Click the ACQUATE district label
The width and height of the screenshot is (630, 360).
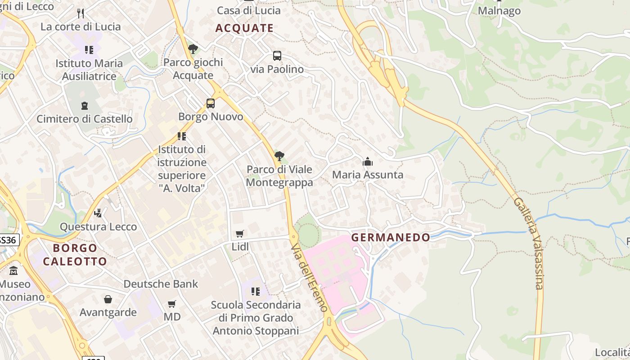click(x=244, y=28)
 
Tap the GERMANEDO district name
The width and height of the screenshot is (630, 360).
click(x=391, y=237)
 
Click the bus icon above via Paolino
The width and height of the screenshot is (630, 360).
click(x=277, y=56)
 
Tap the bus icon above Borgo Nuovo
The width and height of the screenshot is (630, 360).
click(x=211, y=103)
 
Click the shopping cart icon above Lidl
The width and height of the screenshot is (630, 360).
click(x=240, y=234)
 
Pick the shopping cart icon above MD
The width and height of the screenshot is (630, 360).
click(x=171, y=304)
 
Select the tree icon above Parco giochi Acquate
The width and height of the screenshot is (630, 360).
click(x=193, y=49)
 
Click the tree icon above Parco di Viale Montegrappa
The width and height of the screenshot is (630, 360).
click(x=279, y=156)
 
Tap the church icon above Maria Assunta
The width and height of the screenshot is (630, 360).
click(x=368, y=161)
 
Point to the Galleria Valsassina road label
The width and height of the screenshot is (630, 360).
click(x=528, y=243)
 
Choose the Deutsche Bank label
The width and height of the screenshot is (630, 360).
click(x=161, y=284)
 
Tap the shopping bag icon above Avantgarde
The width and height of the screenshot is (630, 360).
click(x=108, y=299)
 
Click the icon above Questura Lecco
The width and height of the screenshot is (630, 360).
click(x=98, y=213)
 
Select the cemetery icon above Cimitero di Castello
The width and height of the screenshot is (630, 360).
click(x=85, y=106)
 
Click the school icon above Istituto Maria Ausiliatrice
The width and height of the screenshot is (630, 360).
click(x=89, y=49)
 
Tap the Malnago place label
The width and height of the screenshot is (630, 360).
click(x=499, y=11)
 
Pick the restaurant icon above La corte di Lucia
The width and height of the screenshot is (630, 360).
click(x=81, y=13)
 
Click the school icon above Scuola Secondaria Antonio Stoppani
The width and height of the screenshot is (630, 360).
click(x=256, y=292)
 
